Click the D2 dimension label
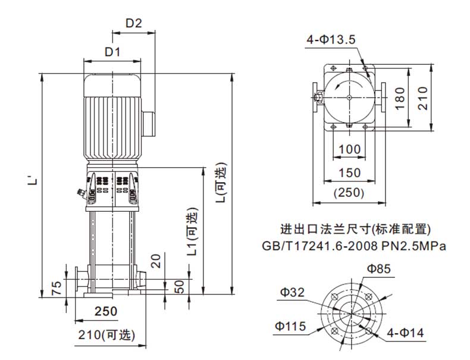click(x=133, y=23)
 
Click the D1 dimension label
click(x=112, y=52)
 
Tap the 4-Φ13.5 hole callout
click(x=331, y=39)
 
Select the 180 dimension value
click(x=400, y=99)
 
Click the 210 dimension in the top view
click(x=422, y=98)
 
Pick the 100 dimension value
click(x=349, y=149)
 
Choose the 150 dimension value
click(x=349, y=173)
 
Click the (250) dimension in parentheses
click(x=349, y=192)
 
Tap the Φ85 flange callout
click(x=379, y=269)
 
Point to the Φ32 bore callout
click(x=292, y=292)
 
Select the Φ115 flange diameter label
click(x=290, y=326)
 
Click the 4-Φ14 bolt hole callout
click(x=405, y=333)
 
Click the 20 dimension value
click(x=156, y=261)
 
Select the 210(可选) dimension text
click(x=106, y=335)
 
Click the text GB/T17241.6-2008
click(x=319, y=246)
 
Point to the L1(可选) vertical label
click(x=192, y=231)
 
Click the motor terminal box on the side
click(x=148, y=124)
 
